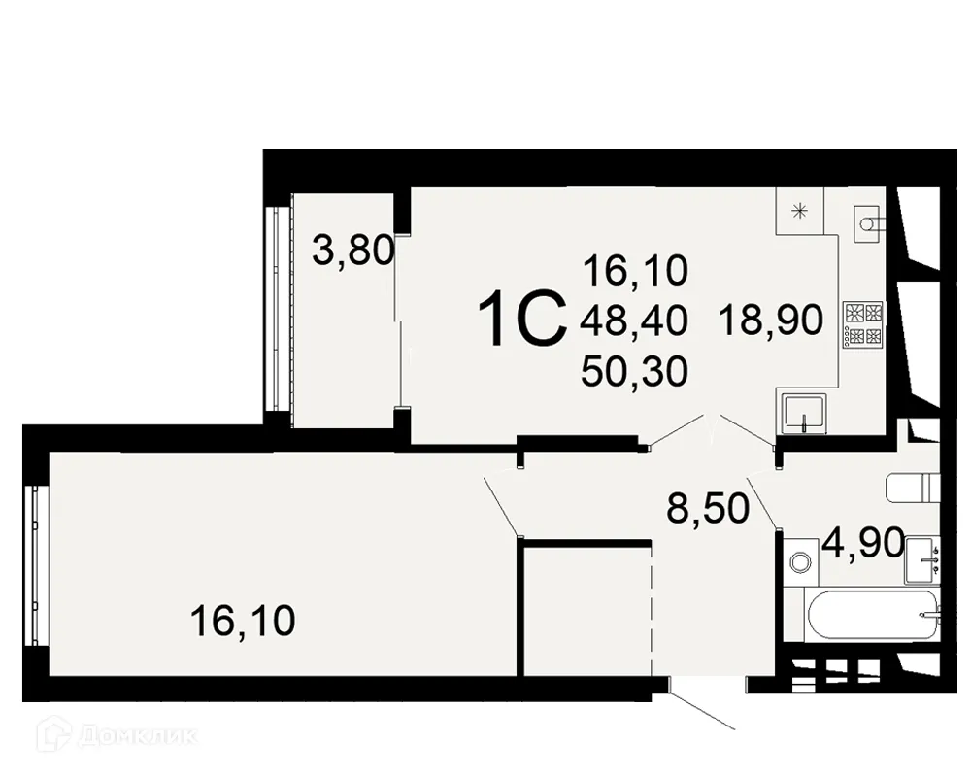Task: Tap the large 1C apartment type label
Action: pyautogui.click(x=523, y=321)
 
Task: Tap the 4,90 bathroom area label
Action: pyautogui.click(x=862, y=541)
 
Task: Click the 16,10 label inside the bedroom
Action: pyautogui.click(x=242, y=620)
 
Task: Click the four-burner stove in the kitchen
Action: pyautogui.click(x=863, y=323)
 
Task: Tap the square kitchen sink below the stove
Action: pyautogui.click(x=803, y=412)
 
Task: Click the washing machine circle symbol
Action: pyautogui.click(x=801, y=561)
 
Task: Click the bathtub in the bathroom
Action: pyautogui.click(x=874, y=614)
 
